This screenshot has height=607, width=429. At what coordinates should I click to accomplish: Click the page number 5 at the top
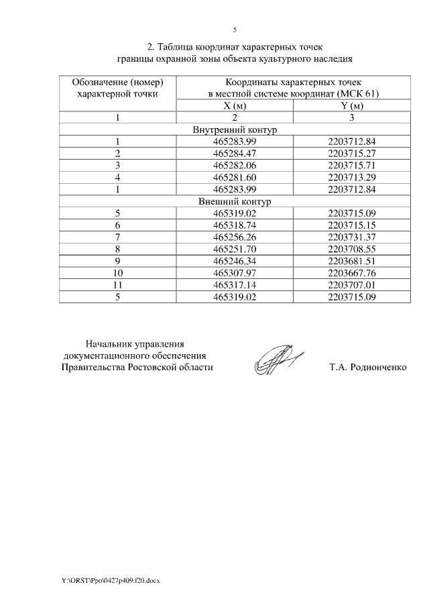click(x=235, y=30)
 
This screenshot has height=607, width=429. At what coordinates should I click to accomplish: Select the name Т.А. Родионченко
click(x=368, y=368)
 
